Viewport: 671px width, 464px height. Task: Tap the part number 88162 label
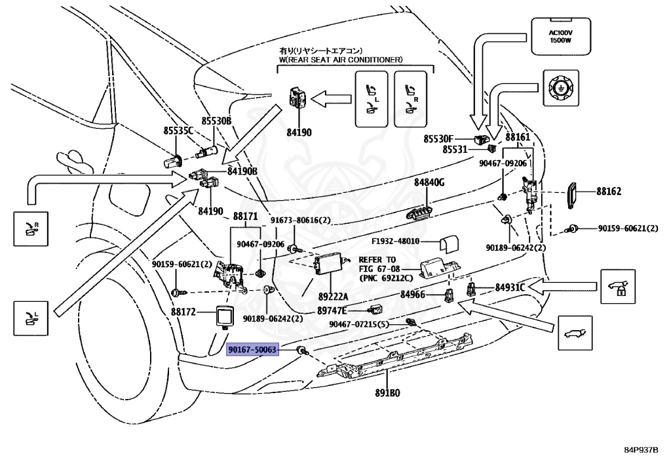(x=609, y=192)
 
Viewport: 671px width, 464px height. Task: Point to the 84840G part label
(x=429, y=182)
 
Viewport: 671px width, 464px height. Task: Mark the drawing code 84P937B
(x=640, y=451)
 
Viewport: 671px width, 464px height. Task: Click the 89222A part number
(x=333, y=296)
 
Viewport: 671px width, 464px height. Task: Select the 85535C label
(x=178, y=131)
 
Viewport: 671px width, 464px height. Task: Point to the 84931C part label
(x=510, y=287)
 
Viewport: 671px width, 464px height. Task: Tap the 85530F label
(x=438, y=139)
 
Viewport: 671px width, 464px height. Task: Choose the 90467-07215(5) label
(x=359, y=324)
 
